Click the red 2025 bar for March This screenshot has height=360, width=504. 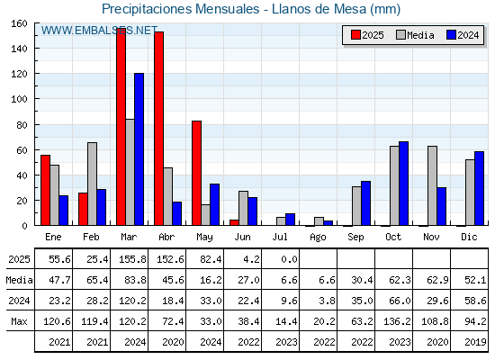tap(121, 127)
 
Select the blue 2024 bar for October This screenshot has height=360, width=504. tap(404, 184)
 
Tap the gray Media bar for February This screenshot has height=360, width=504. tap(92, 184)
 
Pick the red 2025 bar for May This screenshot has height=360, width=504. tap(197, 173)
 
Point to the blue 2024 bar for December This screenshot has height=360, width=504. tap(479, 188)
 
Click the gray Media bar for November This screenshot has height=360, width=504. tap(432, 185)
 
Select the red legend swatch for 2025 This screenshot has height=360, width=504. tap(355, 35)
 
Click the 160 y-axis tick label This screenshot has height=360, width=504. tap(20, 23)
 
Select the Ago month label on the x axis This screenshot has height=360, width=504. tap(318, 238)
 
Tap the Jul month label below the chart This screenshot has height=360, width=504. tap(280, 237)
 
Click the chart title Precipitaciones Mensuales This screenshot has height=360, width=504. tap(181, 9)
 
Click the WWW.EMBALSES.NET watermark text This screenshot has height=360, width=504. tap(99, 31)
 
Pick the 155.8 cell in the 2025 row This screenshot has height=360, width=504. tap(132, 259)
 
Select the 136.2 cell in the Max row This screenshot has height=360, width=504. tap(397, 321)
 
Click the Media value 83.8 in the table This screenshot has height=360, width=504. tap(135, 280)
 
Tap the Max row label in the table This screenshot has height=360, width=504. tap(19, 321)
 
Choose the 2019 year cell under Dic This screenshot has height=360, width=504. tap(475, 342)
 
